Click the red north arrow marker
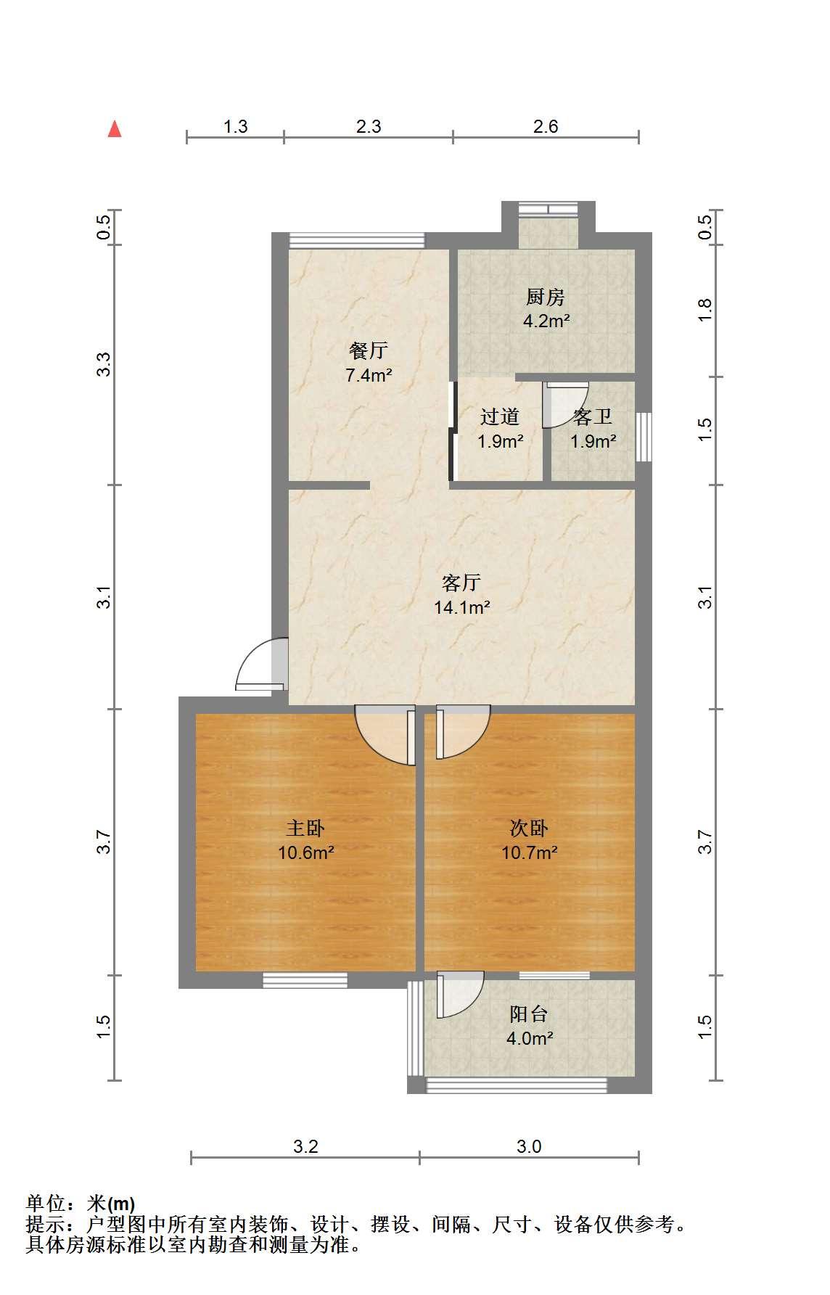click(115, 128)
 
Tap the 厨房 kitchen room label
click(546, 297)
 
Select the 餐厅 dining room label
click(369, 351)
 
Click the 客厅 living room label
click(461, 583)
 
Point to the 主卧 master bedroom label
click(305, 828)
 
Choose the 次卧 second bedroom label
click(529, 828)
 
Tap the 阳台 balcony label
click(529, 1014)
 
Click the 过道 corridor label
click(500, 416)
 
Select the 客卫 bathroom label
click(593, 416)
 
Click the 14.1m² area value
click(462, 607)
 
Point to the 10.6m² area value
click(306, 852)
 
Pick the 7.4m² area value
click(369, 376)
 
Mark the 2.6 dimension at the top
click(546, 127)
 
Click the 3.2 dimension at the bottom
click(305, 1147)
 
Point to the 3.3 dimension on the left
click(104, 364)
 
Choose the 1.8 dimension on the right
click(704, 311)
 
